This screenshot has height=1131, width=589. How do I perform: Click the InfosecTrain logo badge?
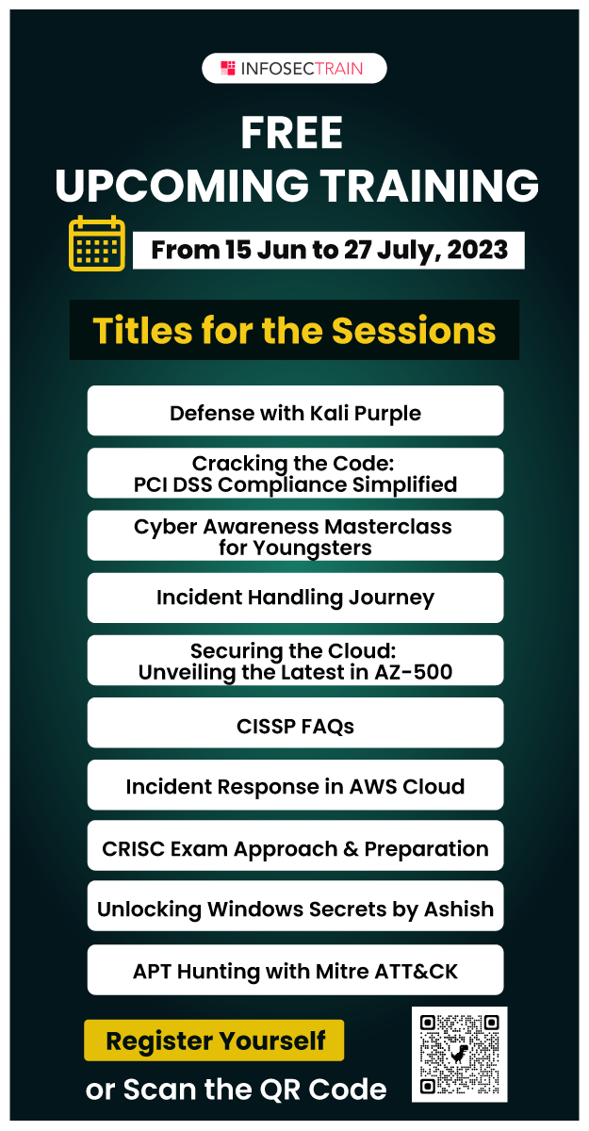(x=294, y=68)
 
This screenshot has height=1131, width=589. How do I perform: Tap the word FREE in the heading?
(x=292, y=133)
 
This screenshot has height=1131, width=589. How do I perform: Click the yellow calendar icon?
(x=97, y=243)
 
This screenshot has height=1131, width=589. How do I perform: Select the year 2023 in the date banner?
(x=477, y=250)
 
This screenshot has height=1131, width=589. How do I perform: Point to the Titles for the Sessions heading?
(x=294, y=330)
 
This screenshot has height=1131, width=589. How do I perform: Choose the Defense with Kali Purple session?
(x=295, y=411)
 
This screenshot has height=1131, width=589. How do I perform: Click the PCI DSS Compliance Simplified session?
(x=295, y=473)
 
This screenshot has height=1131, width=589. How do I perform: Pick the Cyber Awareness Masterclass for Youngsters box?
(x=295, y=535)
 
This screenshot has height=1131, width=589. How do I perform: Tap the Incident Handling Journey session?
(x=295, y=598)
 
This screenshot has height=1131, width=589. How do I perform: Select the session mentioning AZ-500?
(x=295, y=661)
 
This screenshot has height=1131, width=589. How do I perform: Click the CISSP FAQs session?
(x=295, y=723)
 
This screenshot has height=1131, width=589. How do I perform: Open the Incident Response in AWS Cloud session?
(x=295, y=785)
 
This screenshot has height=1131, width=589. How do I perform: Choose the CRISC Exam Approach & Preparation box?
(x=295, y=845)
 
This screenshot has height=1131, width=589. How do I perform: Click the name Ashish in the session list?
(x=459, y=909)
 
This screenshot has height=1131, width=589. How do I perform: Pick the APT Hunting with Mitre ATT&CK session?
(x=295, y=970)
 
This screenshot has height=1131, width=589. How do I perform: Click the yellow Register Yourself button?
(x=214, y=1041)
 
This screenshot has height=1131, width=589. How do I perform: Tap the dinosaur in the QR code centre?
(x=459, y=1054)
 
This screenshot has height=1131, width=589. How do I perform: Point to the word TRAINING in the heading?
(x=430, y=185)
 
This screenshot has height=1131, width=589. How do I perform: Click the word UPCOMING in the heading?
(x=182, y=185)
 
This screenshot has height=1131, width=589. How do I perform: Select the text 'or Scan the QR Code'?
(x=237, y=1090)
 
